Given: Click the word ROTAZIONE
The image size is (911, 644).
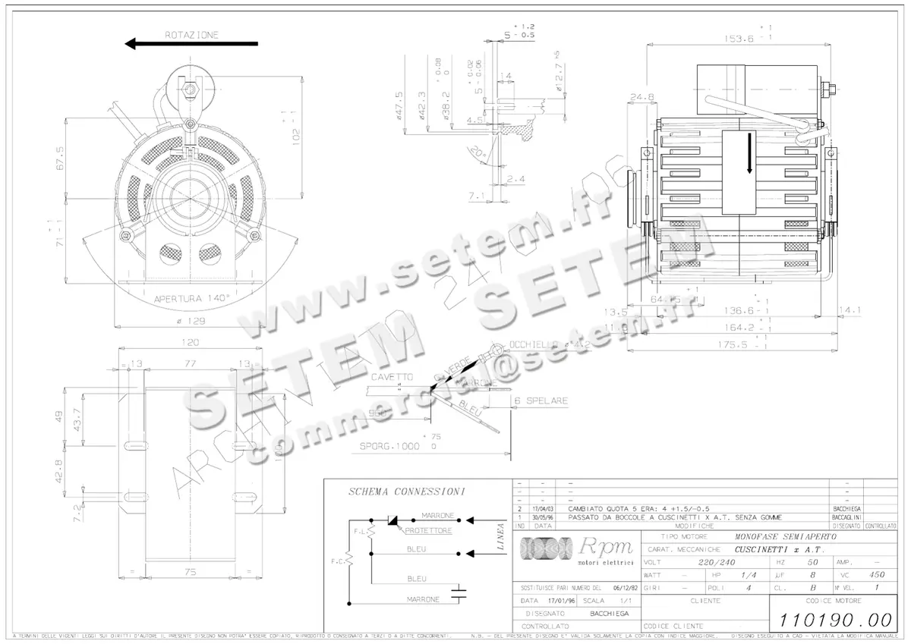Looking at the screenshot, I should tap(191, 34).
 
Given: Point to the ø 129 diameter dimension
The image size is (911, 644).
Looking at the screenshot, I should tap(190, 321).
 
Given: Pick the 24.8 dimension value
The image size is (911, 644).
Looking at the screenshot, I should tap(641, 97).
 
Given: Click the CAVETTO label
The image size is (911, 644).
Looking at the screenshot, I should tap(392, 377).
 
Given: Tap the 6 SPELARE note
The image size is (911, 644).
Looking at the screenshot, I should tap(541, 401).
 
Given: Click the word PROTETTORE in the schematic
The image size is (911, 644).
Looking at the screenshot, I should tap(428, 531).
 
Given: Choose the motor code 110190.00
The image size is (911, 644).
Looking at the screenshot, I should tap(832, 620).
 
